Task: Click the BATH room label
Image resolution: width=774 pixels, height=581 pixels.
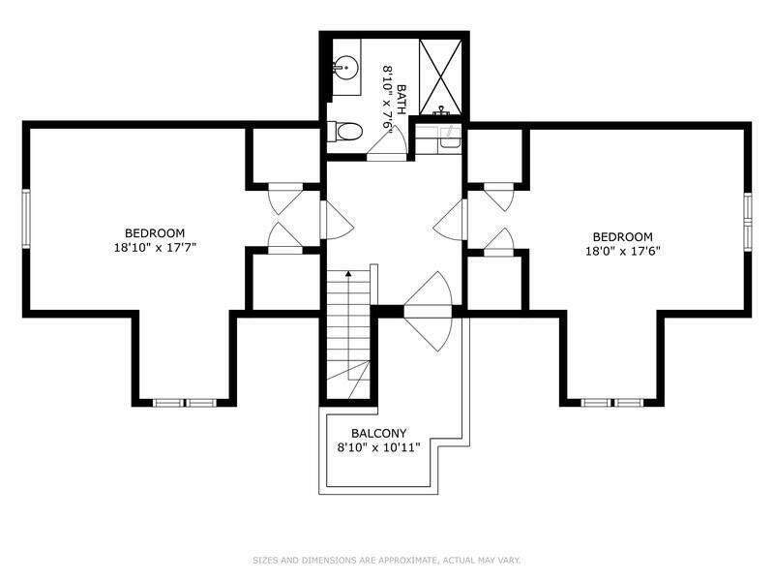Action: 401,100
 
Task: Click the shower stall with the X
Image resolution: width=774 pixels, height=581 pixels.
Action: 440,76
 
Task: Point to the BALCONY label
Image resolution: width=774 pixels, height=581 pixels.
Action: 379,433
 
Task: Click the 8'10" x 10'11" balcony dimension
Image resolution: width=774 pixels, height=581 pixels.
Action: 378,447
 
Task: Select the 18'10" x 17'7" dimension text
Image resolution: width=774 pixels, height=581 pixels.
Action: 155,248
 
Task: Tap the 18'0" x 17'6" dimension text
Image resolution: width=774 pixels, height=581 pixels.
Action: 623,251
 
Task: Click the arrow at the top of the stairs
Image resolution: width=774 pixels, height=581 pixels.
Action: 348,273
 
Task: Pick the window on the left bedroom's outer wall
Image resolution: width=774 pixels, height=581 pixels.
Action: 26,219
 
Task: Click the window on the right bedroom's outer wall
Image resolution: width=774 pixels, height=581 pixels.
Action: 748,222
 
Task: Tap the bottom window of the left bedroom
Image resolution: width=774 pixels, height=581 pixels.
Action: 185,403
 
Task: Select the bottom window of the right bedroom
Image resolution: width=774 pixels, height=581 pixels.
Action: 612,403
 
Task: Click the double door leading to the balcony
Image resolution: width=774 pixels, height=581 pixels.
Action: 428,311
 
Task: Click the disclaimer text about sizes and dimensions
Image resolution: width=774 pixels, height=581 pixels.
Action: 386,561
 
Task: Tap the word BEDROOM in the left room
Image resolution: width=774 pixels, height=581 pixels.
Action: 155,233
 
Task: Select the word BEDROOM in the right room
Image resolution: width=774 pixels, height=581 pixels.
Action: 623,236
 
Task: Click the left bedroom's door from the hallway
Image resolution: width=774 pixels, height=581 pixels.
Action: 337,220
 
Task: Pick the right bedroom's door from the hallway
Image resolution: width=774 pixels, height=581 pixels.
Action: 450,220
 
